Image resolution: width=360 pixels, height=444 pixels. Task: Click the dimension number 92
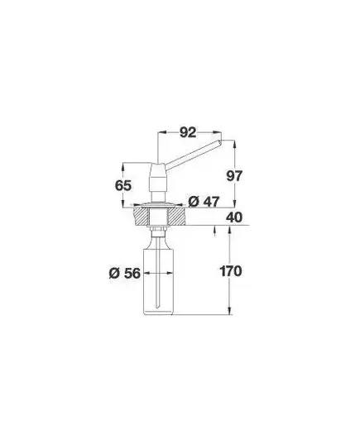(x=188, y=132)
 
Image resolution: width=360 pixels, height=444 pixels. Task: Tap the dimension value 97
(x=234, y=176)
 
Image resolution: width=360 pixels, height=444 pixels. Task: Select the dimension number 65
(x=123, y=186)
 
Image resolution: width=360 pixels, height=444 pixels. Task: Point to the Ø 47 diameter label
(x=204, y=202)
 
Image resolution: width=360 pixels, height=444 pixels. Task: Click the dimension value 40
(x=234, y=217)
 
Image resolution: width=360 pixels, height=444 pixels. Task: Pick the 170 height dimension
(x=231, y=271)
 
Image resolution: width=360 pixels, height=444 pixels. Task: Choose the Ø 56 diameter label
(x=125, y=273)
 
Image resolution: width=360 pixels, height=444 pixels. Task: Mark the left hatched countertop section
(x=141, y=217)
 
